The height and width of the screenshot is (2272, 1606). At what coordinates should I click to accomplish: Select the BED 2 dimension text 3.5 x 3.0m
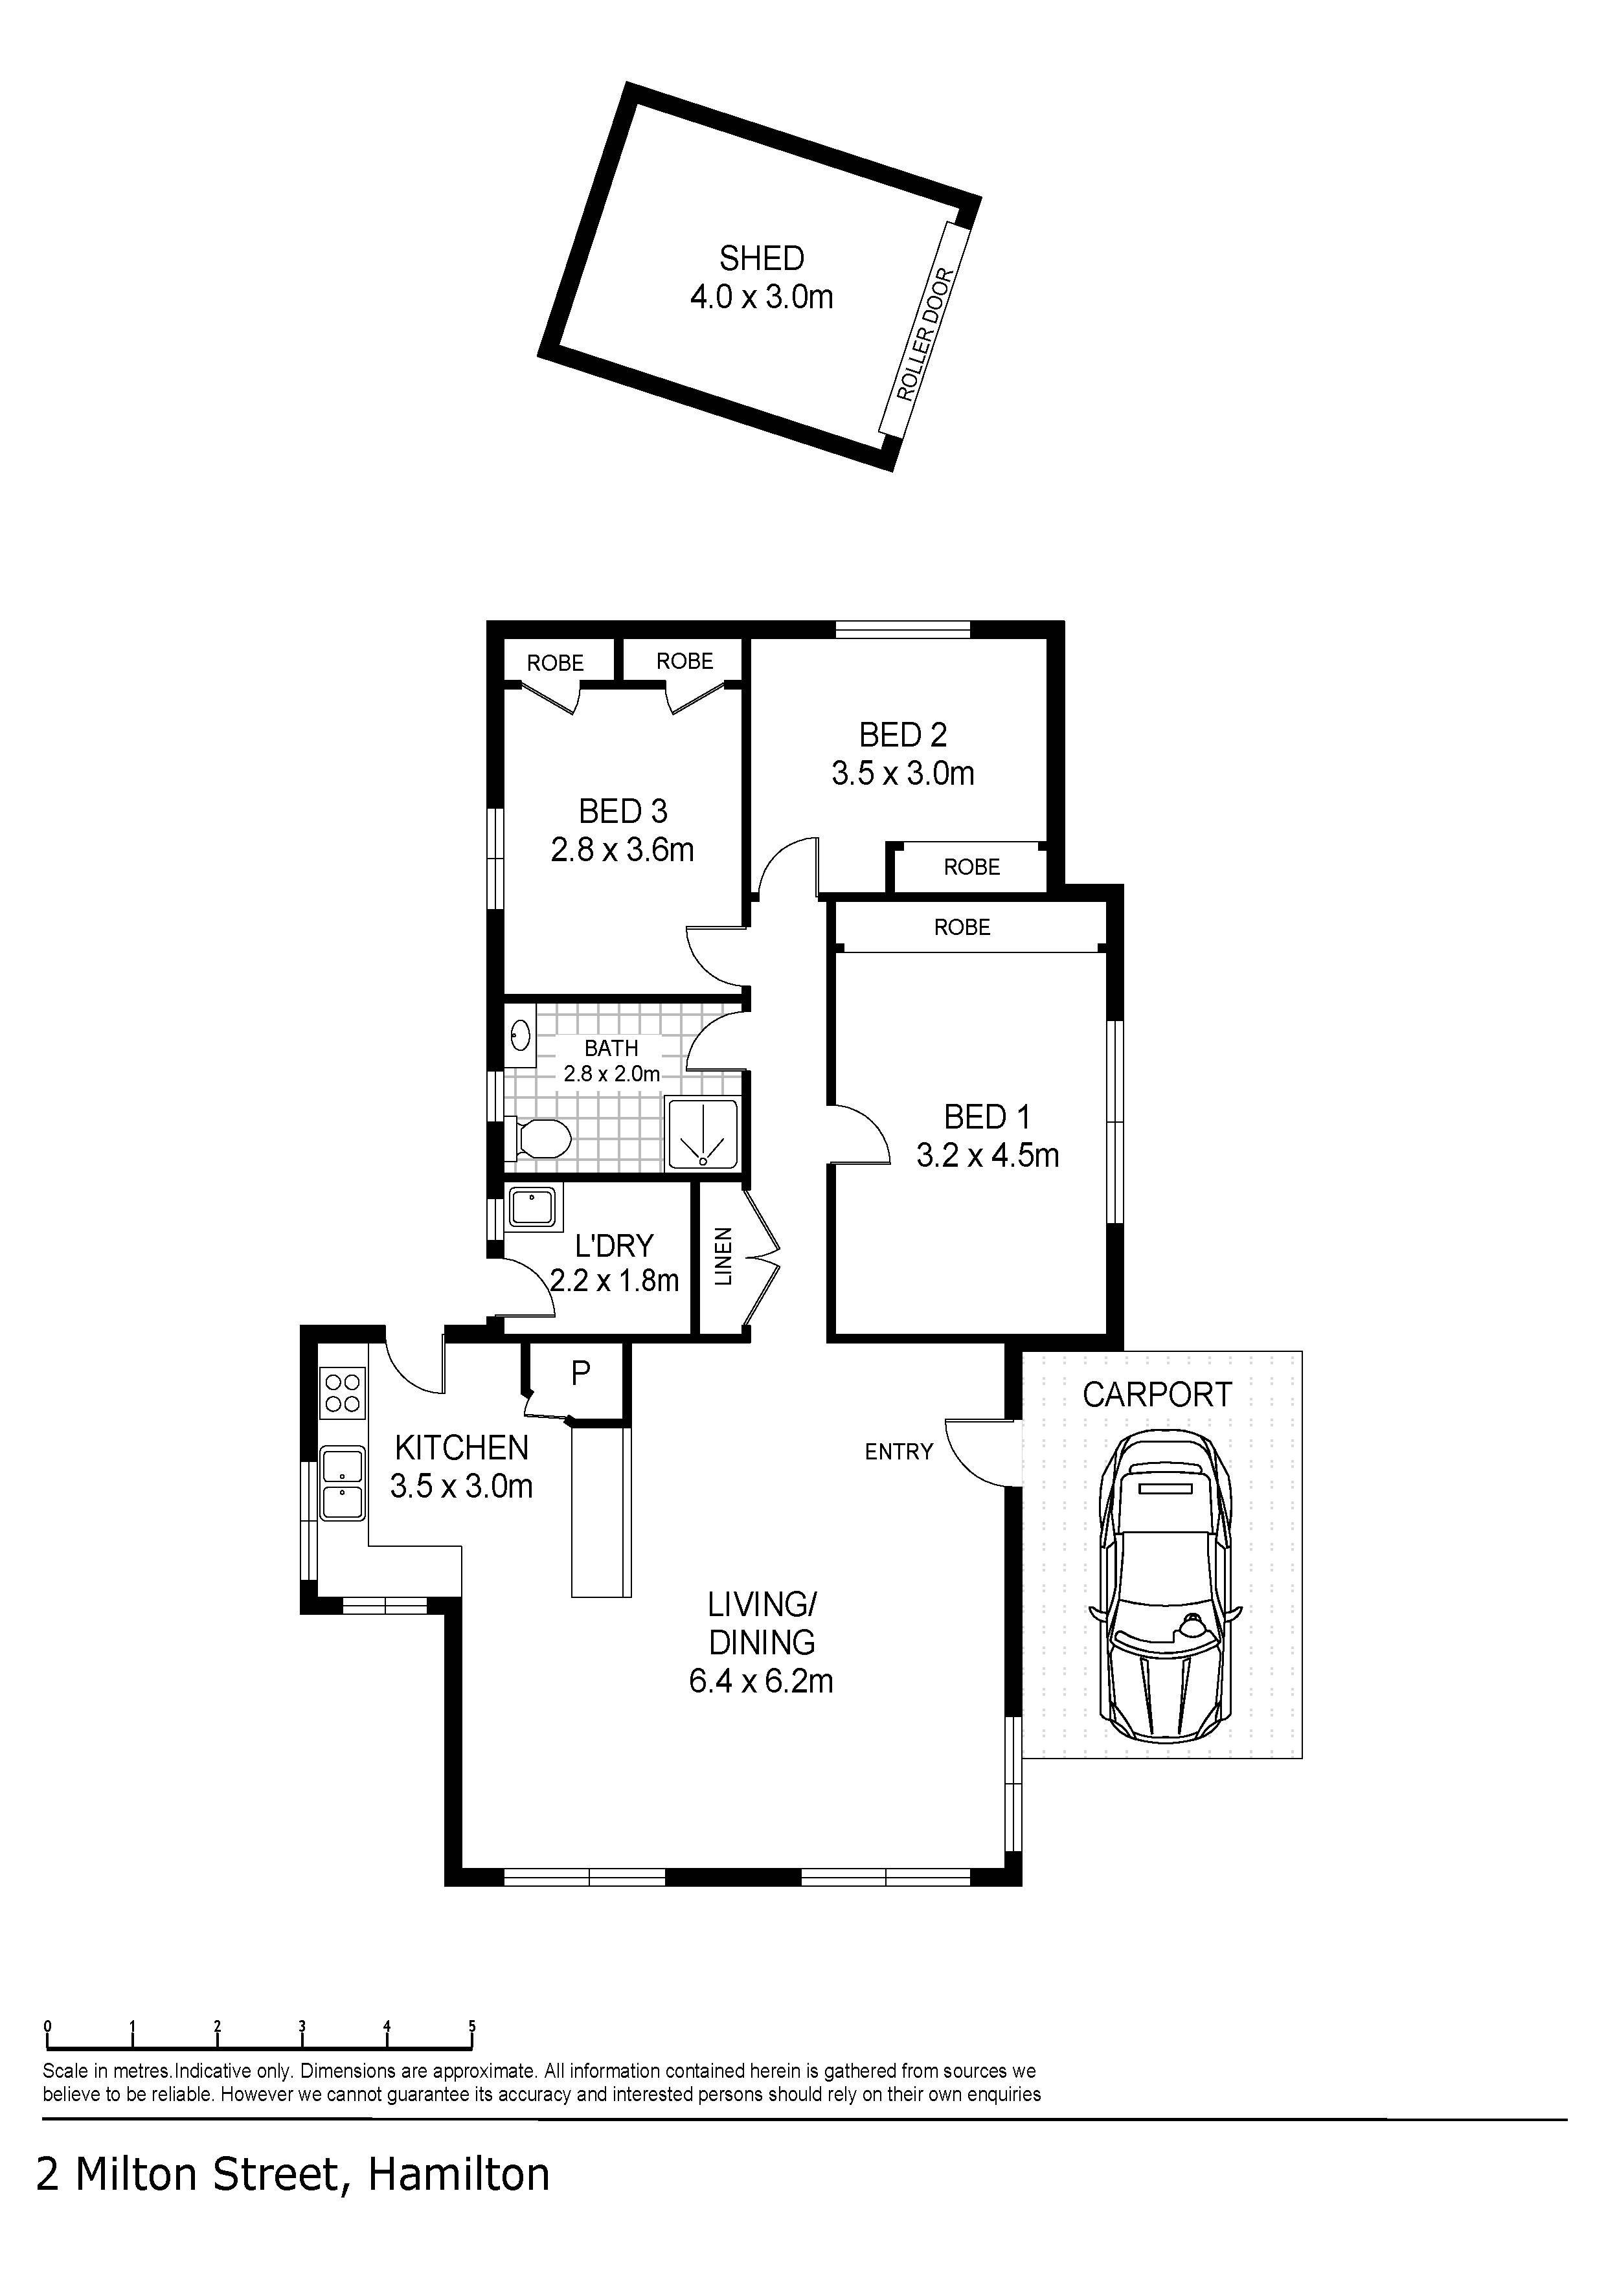[x=903, y=773]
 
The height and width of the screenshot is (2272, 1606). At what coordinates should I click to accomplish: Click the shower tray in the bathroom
[x=703, y=1132]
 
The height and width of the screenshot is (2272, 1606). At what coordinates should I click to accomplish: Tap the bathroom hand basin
[x=521, y=1037]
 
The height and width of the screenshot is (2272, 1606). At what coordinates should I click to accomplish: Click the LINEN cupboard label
[x=723, y=1255]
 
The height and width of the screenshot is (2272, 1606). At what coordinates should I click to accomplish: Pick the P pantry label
[x=581, y=1371]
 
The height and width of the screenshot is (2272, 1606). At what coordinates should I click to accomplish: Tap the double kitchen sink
[x=343, y=1483]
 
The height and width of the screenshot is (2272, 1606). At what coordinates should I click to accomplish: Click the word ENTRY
[x=898, y=1452]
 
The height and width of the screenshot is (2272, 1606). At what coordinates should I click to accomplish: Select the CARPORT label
[x=1157, y=1394]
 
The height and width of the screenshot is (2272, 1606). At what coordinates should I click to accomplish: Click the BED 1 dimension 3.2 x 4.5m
[x=988, y=1155]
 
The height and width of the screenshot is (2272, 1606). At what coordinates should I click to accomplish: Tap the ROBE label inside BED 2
[x=972, y=867]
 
